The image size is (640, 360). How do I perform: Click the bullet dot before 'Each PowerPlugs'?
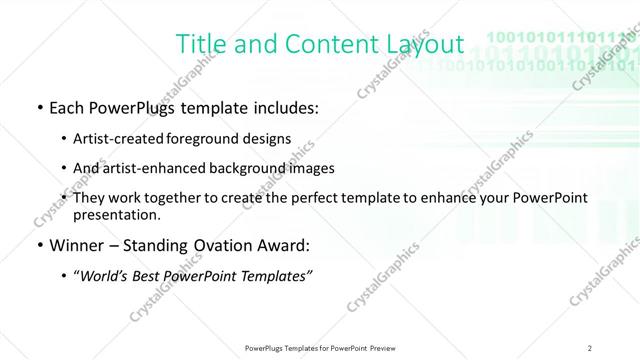point(38,107)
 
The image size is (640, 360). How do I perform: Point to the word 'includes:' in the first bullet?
point(286,107)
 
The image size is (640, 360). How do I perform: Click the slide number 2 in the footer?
point(590,347)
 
